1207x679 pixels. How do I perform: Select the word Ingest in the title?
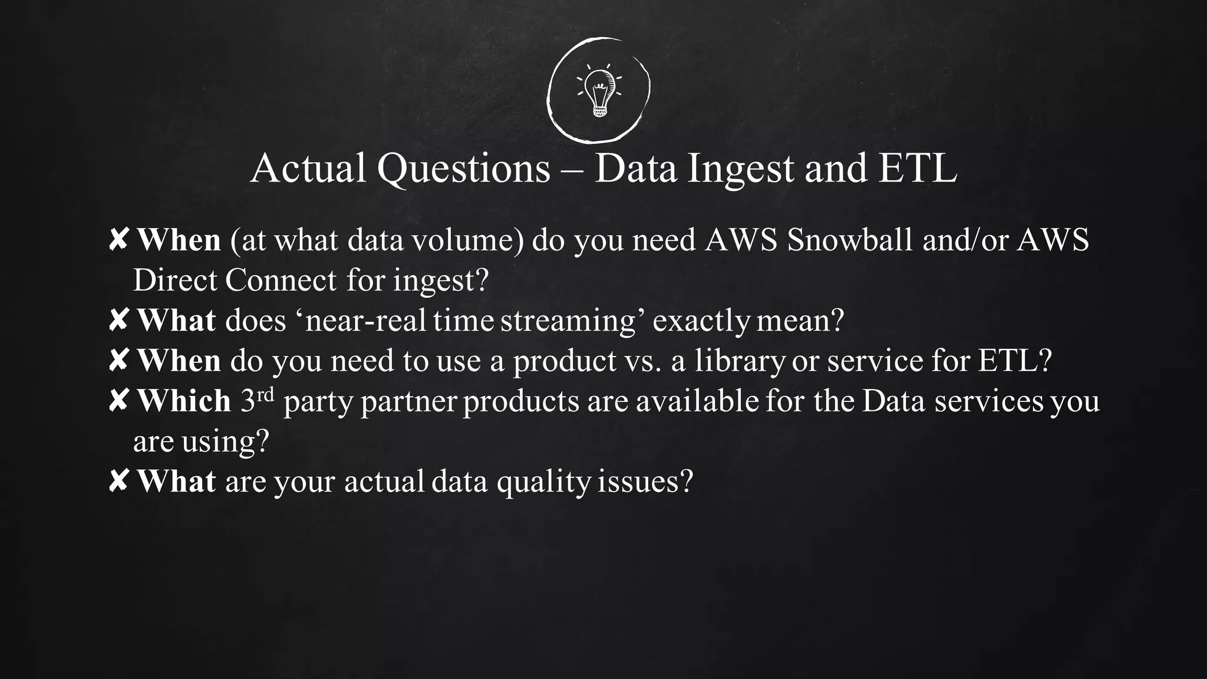point(741,169)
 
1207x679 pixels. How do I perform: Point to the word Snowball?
point(849,240)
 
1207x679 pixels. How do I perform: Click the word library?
point(740,361)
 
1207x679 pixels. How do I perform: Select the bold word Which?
point(184,401)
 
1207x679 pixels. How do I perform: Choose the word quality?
point(543,482)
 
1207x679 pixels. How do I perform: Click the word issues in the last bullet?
point(645,481)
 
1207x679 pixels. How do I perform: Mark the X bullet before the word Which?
point(118,401)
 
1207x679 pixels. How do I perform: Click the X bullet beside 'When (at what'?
point(118,240)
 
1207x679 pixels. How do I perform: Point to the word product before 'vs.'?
point(564,361)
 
